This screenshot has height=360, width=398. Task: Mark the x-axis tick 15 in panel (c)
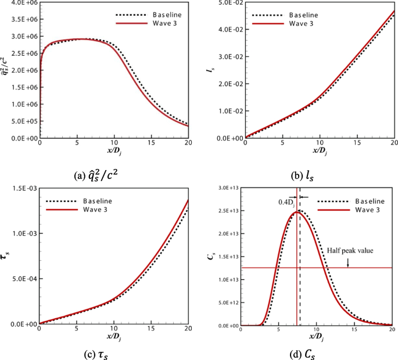(151, 330)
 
